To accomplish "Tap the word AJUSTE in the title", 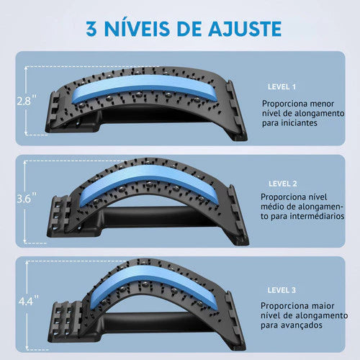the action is tap(245, 29).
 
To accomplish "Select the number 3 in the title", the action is tap(91, 29).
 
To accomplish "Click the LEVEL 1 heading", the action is tap(282, 87).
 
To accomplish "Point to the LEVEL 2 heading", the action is tap(283, 184).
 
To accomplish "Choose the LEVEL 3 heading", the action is tap(282, 290).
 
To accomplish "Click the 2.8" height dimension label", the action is tap(27, 100).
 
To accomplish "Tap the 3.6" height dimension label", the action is tap(27, 198).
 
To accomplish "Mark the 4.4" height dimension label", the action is tap(29, 300).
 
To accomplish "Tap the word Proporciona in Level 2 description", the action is tap(281, 197).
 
